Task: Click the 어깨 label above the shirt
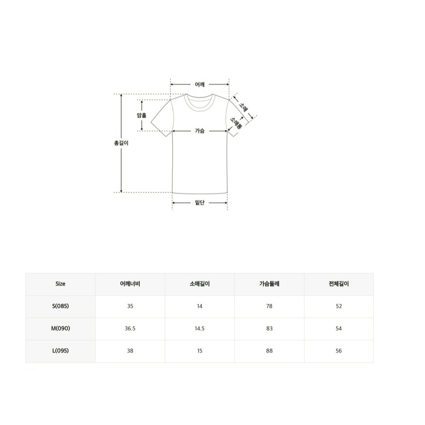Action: click(200, 84)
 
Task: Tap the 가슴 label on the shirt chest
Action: click(200, 131)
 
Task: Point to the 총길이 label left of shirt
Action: click(121, 143)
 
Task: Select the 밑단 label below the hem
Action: click(200, 203)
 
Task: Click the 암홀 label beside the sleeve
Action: click(142, 115)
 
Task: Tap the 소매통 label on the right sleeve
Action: click(236, 123)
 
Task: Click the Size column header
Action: click(60, 284)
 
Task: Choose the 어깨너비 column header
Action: click(130, 284)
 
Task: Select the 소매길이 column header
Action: click(200, 284)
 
